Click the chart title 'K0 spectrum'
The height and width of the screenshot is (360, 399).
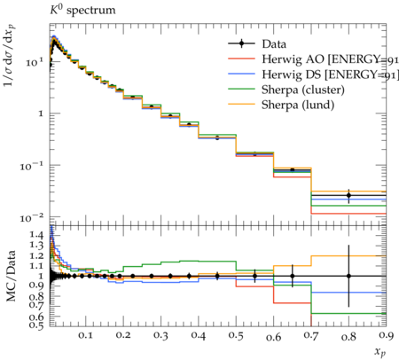82,10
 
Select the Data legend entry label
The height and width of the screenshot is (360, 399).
274,44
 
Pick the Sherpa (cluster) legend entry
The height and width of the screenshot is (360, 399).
303,90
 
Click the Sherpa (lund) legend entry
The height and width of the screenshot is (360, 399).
298,105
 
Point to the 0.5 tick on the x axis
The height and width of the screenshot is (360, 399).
236,335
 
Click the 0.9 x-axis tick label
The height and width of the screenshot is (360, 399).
386,335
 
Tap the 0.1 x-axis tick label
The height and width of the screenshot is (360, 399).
86,335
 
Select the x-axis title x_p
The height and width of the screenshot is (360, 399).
380,352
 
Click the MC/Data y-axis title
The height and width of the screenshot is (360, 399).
11,276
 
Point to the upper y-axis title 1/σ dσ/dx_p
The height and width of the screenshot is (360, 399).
10,55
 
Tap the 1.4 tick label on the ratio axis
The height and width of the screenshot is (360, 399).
36,235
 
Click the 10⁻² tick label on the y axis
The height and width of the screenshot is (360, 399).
31,218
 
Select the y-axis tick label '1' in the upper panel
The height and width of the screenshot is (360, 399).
41,113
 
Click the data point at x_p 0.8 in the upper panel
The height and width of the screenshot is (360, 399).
348,195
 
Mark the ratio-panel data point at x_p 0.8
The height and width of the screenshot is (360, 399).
348,276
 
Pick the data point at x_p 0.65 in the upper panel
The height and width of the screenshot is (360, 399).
293,169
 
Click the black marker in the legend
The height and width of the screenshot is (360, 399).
241,43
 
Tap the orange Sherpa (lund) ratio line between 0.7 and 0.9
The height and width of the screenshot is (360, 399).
348,256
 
